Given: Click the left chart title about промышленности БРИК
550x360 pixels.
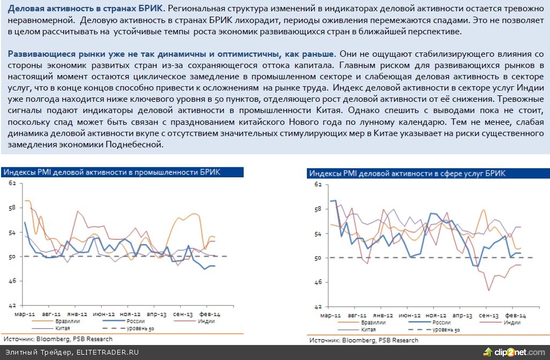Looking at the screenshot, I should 111,172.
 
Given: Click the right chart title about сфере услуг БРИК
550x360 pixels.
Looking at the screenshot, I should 407,174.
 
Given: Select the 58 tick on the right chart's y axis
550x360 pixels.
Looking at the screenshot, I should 317,208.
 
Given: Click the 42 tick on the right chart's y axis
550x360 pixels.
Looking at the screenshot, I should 317,307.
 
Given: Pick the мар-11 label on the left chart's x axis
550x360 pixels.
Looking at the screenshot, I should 25,313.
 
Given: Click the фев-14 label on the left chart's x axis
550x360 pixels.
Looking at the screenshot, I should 209,313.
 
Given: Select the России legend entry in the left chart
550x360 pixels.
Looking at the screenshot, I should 134,321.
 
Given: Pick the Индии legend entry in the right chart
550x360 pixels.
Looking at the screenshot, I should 512,322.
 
